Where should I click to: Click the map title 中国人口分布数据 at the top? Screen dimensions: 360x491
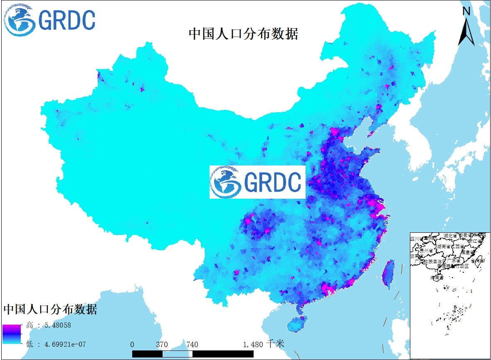click(x=243, y=34)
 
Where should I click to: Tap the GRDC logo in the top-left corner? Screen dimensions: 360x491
click(x=49, y=20)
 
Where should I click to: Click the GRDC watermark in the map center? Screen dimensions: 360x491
click(x=257, y=182)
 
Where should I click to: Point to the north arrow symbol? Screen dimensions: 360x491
click(x=466, y=27)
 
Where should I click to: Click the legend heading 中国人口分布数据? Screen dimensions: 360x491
click(x=50, y=309)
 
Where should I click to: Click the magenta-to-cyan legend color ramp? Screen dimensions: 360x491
click(x=11, y=334)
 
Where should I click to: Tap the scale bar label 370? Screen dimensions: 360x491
click(x=162, y=344)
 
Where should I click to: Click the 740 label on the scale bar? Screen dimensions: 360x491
click(x=192, y=344)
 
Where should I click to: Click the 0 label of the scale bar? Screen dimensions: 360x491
click(x=132, y=344)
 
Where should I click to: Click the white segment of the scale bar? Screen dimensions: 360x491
click(x=177, y=354)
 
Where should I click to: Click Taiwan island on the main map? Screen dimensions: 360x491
click(x=388, y=274)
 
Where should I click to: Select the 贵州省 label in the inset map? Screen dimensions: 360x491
click(x=426, y=251)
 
